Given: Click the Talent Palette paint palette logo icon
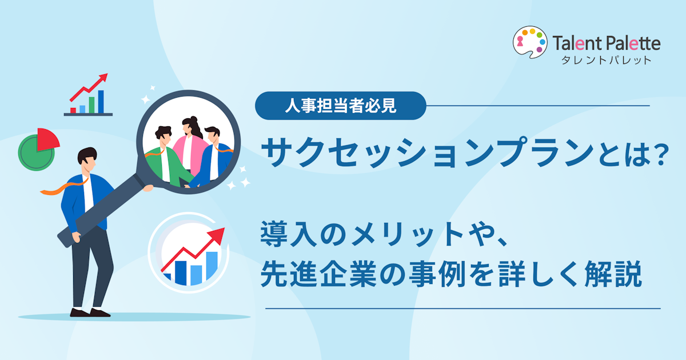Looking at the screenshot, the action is click(x=530, y=42).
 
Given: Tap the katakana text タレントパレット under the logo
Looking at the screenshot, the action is click(x=606, y=60).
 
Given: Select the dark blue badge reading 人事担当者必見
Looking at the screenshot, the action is click(x=341, y=106).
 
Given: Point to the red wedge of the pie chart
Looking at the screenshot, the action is click(x=47, y=139).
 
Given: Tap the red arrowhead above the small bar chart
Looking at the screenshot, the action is click(x=103, y=77).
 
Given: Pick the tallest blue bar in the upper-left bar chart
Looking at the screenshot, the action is click(x=101, y=102).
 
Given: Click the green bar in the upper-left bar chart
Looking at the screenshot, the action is click(x=91, y=105).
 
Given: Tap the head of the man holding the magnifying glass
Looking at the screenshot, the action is click(x=87, y=161).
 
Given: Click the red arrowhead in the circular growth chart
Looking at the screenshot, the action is click(x=217, y=236).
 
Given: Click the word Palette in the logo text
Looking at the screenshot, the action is click(x=634, y=43).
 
